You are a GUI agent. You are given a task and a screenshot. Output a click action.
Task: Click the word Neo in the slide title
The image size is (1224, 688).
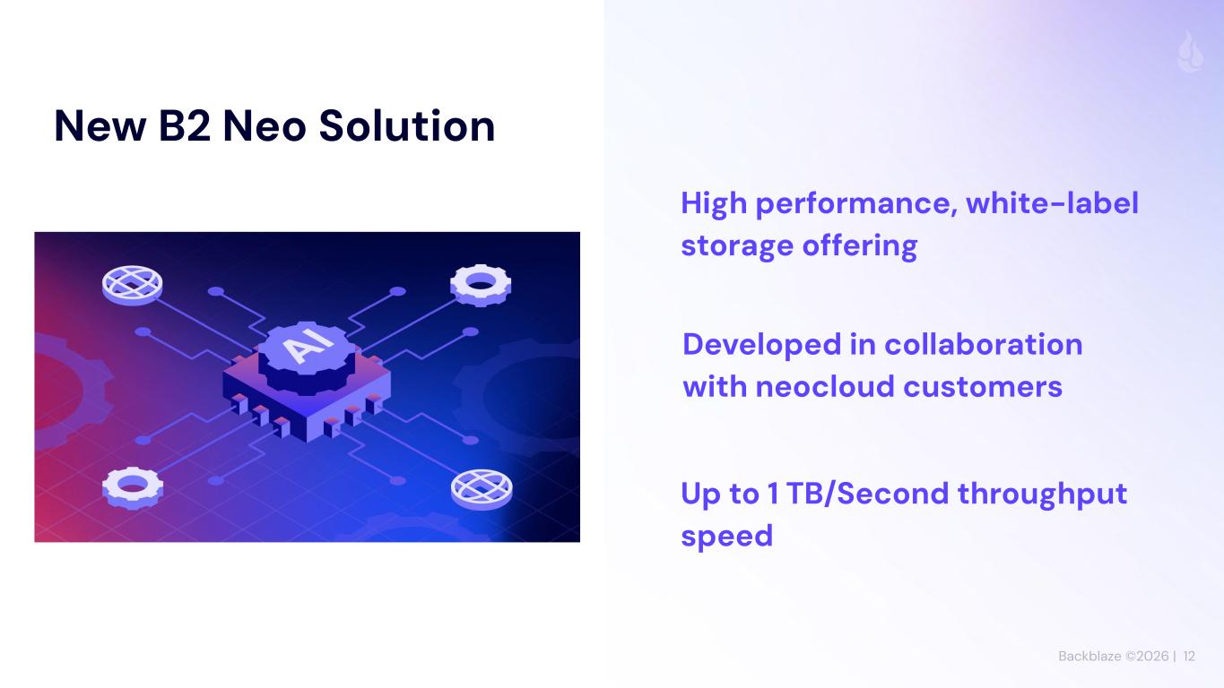click(265, 126)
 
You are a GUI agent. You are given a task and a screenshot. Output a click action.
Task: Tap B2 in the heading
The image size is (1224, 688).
click(184, 126)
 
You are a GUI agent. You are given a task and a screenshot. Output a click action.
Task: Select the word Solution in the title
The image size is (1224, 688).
click(407, 125)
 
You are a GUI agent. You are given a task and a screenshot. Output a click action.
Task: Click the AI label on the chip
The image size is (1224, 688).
click(309, 343)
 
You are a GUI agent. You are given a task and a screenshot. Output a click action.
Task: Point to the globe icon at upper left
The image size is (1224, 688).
click(132, 285)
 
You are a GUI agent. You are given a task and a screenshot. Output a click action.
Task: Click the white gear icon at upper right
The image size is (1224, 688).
click(481, 285)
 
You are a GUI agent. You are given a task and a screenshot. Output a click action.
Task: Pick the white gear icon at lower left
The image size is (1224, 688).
click(132, 487)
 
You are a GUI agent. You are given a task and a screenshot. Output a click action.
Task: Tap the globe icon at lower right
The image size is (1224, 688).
click(482, 489)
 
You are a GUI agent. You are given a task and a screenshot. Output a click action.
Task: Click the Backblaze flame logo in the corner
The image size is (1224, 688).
click(1190, 53)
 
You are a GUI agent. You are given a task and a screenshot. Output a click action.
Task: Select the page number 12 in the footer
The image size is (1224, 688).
click(1189, 656)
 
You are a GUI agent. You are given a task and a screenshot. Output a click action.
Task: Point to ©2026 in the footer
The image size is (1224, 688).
click(1147, 656)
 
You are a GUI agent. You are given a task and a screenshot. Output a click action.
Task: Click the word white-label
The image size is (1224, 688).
click(1053, 203)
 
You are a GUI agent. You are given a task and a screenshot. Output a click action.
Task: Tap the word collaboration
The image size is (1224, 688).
click(984, 345)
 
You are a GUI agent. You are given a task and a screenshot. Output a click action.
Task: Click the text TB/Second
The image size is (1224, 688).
click(868, 494)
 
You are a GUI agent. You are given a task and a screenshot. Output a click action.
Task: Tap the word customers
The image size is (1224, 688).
click(983, 387)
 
